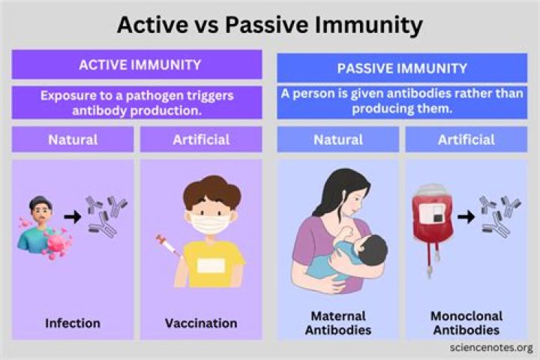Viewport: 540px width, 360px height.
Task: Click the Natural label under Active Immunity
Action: pos(73,139)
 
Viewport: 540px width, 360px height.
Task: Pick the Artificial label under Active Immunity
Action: pos(200,139)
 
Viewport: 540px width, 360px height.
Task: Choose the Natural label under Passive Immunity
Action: pos(338,139)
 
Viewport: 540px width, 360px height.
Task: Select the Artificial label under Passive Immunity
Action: pos(466,139)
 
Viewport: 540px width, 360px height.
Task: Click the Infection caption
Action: pos(73,323)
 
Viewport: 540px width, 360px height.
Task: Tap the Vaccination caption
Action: pos(200,323)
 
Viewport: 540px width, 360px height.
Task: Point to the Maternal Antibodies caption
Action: pos(338,322)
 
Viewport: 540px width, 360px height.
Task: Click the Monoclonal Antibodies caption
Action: pos(466,322)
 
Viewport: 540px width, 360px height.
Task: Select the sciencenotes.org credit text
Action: pos(491,348)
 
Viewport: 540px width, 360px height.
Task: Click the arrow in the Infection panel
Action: pos(72,218)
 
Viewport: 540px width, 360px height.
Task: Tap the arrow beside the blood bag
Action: pos(466,217)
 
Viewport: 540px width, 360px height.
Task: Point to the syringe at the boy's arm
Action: pos(166,247)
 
